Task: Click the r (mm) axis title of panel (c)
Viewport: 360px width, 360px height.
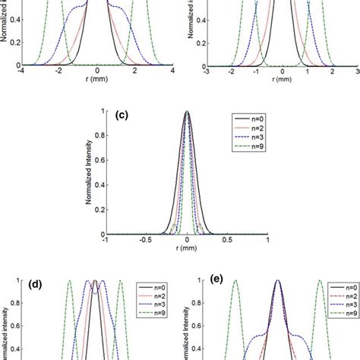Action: click(x=187, y=251)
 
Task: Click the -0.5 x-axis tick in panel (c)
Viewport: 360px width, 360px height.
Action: click(x=146, y=242)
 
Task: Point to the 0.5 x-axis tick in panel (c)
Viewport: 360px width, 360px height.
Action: click(x=228, y=242)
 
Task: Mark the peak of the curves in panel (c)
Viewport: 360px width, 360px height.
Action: click(x=188, y=112)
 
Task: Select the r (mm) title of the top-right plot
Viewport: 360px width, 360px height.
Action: click(x=283, y=81)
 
